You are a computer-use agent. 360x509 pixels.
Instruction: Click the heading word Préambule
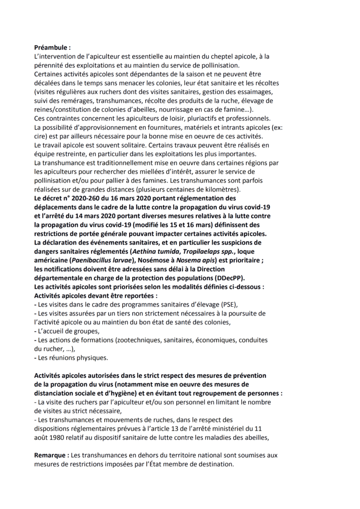[x=51, y=48]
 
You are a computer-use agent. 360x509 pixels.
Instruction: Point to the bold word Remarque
[x=52, y=455]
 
